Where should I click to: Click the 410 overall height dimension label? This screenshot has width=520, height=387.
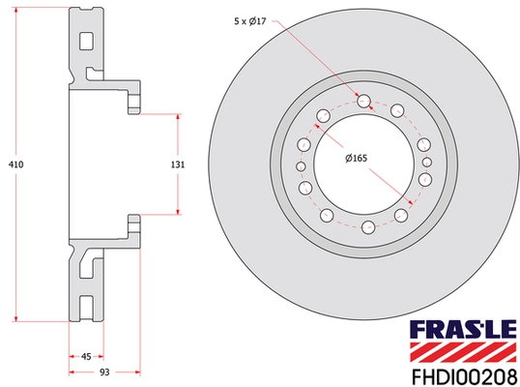16,164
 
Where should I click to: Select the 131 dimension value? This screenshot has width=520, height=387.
177,164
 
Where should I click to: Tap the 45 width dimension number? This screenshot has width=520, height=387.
86,356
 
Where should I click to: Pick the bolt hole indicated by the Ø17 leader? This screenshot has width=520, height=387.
364,101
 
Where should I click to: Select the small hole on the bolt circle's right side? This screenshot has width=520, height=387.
426,164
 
